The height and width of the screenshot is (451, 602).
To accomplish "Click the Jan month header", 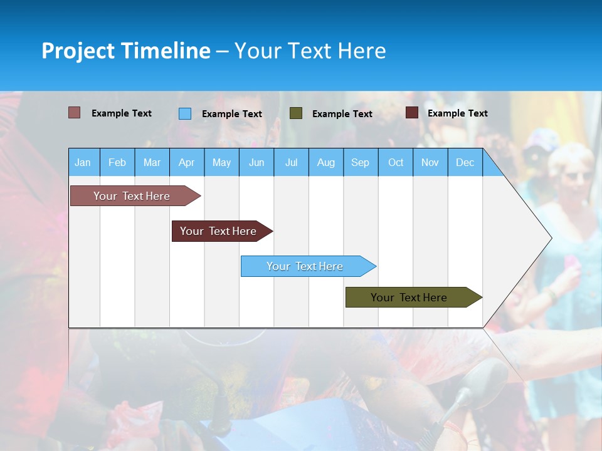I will tap(83, 163).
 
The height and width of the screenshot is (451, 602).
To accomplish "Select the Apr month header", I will tap(186, 163).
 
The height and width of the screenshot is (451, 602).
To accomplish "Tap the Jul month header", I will tap(291, 163).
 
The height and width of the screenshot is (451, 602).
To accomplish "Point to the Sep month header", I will tap(360, 163).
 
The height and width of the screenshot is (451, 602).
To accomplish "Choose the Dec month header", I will tap(465, 163).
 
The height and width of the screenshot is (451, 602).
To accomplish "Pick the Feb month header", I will tap(117, 163).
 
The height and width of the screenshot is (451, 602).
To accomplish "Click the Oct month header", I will tap(396, 163).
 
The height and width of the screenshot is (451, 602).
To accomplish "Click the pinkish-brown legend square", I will tap(74, 113).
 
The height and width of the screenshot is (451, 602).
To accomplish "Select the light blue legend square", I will tap(185, 113).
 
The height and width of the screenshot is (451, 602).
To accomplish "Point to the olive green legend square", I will tap(296, 113).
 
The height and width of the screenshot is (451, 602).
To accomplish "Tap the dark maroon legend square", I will tap(412, 113).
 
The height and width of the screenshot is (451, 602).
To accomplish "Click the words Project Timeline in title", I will tap(125, 51).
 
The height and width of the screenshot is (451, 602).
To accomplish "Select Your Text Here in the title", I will tap(310, 51).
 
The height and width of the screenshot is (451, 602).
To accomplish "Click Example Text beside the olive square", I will tap(342, 114).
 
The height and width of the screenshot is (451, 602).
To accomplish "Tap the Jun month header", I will tap(256, 163).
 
